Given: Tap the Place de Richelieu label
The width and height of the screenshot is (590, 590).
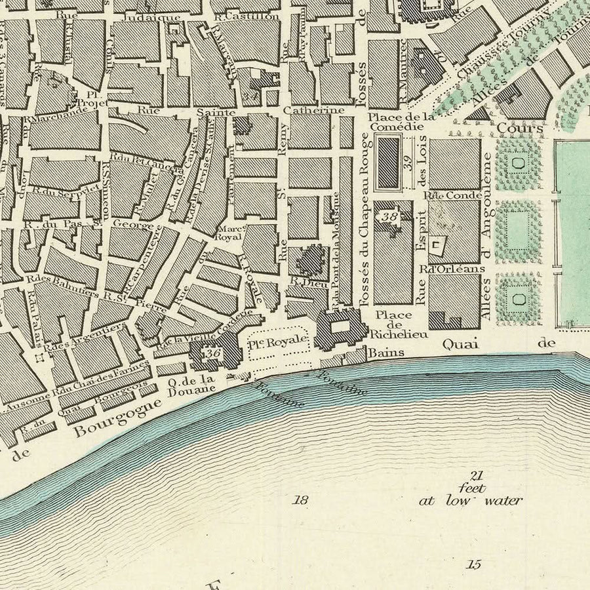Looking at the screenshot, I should tap(393, 324).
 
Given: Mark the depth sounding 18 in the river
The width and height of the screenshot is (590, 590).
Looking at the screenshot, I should tap(301, 500).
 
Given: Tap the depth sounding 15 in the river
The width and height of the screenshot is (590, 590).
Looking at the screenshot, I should tap(474, 563).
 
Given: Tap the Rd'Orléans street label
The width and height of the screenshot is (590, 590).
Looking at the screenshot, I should tap(443, 268).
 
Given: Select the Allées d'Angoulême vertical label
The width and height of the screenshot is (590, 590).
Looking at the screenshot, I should tap(486, 236).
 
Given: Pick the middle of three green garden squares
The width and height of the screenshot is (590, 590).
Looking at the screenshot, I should tap(519, 231).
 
